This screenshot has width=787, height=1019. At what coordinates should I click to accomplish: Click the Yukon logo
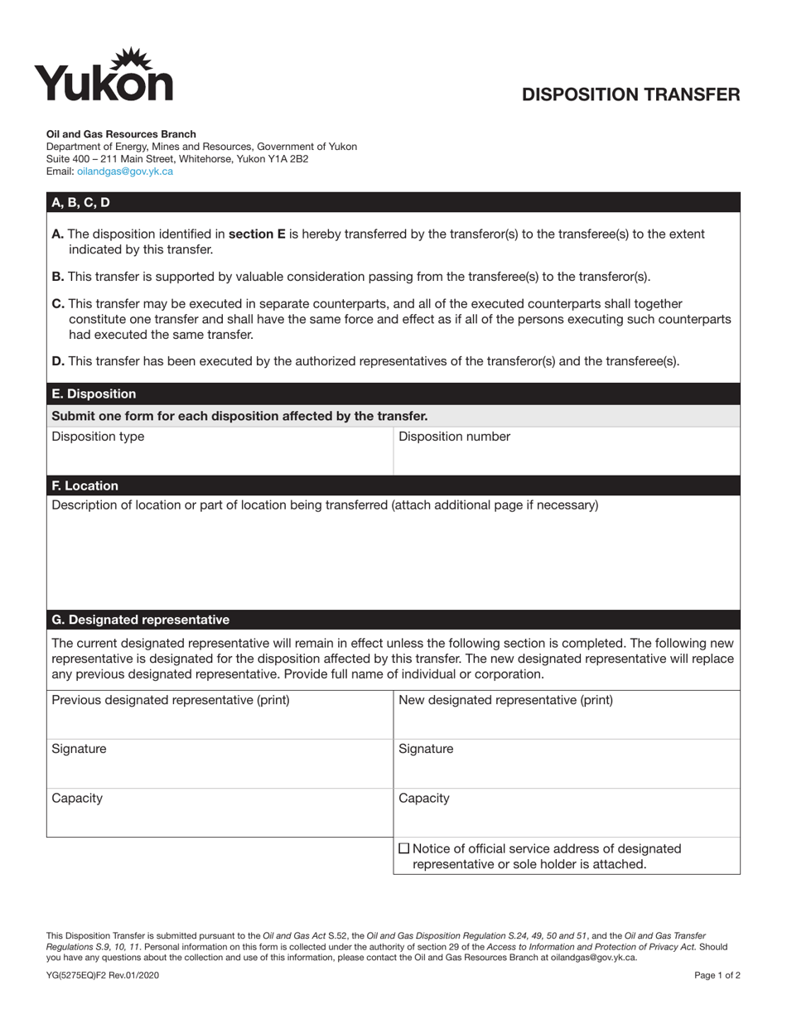(104, 75)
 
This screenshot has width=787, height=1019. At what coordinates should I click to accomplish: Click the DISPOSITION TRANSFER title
(630, 94)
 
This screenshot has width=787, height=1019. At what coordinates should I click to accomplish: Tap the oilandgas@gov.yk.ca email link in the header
(125, 171)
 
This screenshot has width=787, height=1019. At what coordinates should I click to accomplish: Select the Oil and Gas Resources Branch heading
(121, 133)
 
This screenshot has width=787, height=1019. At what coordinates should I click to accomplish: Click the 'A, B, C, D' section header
(80, 202)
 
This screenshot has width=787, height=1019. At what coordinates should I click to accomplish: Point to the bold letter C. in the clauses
(58, 304)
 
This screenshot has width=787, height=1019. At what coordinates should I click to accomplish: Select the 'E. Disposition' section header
(94, 394)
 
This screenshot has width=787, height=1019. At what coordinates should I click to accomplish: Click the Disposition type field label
(98, 437)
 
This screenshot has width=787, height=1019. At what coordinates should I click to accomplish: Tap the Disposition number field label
(454, 437)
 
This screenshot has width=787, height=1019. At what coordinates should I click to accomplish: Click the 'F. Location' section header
(84, 485)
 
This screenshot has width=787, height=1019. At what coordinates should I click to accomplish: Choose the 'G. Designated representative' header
(140, 620)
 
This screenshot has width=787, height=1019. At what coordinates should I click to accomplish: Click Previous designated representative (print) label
(171, 700)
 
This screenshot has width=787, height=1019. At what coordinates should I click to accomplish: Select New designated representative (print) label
(505, 700)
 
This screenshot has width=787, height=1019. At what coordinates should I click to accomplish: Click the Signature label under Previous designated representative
(79, 749)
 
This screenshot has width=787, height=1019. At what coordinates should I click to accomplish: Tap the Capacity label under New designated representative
(423, 799)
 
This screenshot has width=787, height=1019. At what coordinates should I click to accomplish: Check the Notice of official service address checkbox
(404, 848)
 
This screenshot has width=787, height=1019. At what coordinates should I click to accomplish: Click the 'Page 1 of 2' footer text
(717, 976)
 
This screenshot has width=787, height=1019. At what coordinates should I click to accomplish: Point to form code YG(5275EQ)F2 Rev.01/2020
(103, 976)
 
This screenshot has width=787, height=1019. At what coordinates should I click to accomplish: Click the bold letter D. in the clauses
(58, 360)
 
